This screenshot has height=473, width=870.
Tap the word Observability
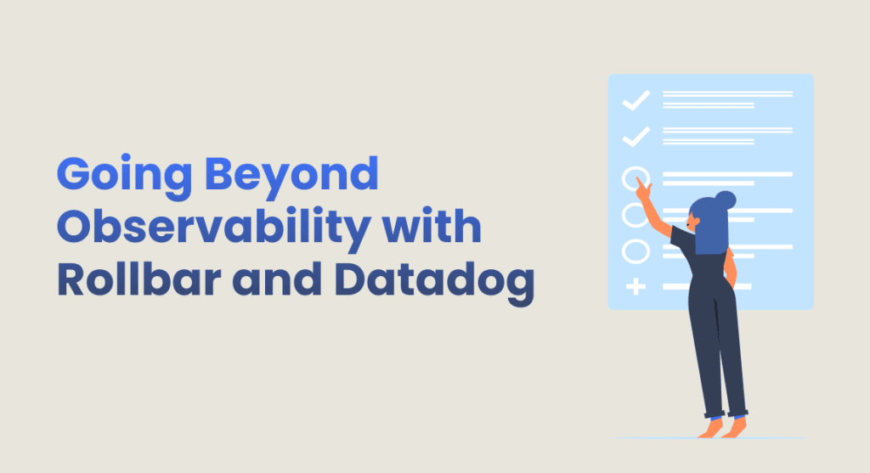pos(213,228)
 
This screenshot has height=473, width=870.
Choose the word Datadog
pos(434,282)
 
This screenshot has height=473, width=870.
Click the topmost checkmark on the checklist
pos(636,100)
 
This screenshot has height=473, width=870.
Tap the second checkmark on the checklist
pos(636,137)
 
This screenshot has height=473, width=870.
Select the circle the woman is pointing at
pos(623,178)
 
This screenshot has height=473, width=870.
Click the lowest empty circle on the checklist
pos(623,251)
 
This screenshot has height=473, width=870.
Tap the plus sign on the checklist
pos(636,287)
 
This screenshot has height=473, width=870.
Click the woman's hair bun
pos(726,200)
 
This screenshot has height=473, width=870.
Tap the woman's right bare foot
pos(736,428)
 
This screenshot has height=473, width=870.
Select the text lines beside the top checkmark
pos(727,99)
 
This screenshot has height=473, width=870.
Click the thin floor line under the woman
pos(710,438)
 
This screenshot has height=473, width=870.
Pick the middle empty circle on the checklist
pos(623,215)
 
